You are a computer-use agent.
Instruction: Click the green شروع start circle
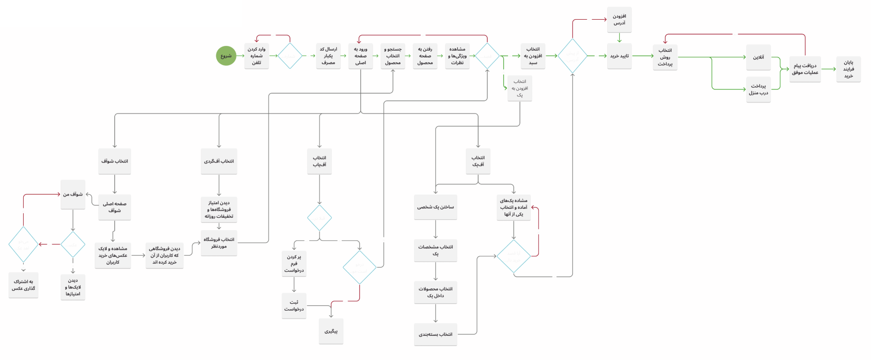tap(226, 56)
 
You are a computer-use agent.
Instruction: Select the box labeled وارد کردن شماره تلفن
tap(256, 56)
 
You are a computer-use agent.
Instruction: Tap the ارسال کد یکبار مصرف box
tap(328, 56)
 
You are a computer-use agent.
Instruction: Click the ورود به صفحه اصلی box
tap(360, 56)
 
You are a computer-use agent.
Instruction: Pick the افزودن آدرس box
tap(619, 20)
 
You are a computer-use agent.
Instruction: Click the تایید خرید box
tap(619, 56)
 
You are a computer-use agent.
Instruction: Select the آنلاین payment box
tap(758, 57)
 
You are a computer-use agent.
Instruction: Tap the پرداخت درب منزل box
tap(758, 89)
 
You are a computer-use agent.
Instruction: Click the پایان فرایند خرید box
tap(848, 69)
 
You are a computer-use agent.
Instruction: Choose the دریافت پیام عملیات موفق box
tap(805, 69)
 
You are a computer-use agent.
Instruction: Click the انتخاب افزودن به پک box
tap(519, 88)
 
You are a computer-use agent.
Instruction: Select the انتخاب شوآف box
tap(115, 161)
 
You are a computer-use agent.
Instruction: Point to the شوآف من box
tap(73, 194)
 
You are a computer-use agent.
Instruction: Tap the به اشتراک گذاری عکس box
tap(23, 285)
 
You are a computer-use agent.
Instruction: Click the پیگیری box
tap(331, 331)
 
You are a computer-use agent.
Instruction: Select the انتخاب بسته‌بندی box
tap(436, 334)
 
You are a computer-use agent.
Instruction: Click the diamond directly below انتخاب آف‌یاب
tap(319, 218)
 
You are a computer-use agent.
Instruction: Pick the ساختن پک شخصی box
tap(436, 207)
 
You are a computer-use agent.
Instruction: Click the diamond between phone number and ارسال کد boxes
tap(290, 56)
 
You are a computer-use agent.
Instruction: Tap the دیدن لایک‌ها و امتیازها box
tap(73, 287)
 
